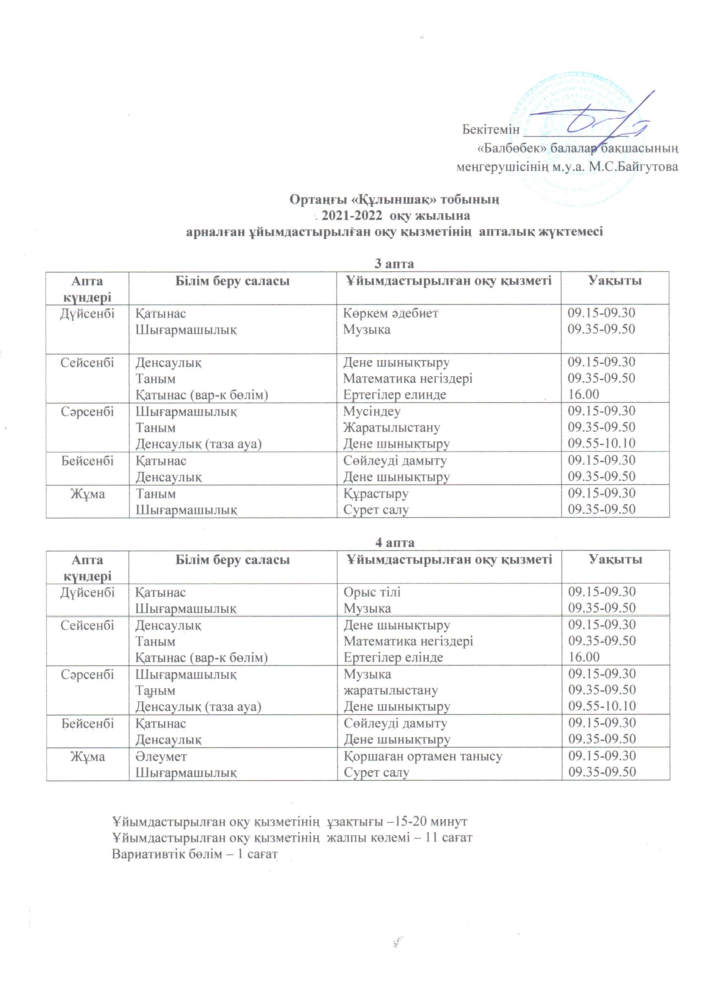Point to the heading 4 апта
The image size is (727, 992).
[x=394, y=543]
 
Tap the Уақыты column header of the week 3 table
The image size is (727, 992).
[x=615, y=281]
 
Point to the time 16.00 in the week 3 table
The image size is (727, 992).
[x=584, y=395]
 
